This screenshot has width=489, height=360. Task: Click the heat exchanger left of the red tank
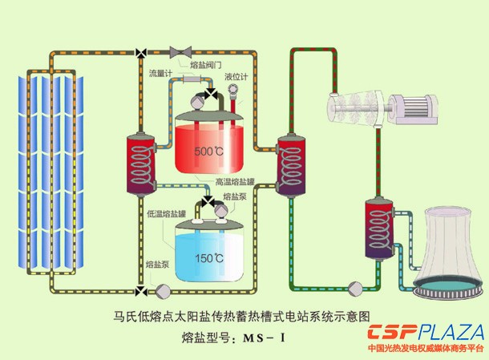coord(139,164)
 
